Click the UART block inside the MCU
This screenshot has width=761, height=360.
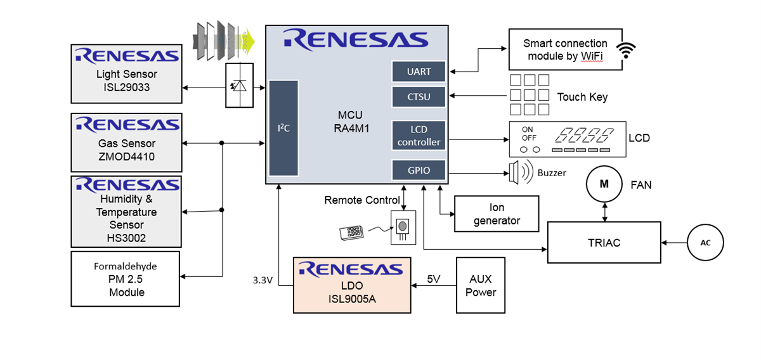pos(419,72)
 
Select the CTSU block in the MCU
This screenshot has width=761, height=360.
pos(419,97)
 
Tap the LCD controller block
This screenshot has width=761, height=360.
pos(419,136)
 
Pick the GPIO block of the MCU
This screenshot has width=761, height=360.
pos(419,170)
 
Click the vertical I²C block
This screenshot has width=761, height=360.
pos(283,128)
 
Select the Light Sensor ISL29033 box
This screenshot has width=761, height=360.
pos(126,74)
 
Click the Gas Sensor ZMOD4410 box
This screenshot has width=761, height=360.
pos(126,143)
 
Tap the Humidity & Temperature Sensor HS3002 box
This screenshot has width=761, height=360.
pos(126,210)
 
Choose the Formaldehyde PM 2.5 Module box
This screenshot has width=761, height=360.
pos(126,278)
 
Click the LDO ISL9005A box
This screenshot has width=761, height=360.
pos(352,285)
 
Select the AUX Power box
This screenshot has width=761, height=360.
pos(481,285)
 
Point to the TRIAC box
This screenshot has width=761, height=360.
pos(604,242)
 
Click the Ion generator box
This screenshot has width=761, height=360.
pos(497,214)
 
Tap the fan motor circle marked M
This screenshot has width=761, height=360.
pos(604,184)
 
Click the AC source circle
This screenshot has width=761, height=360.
pos(705,243)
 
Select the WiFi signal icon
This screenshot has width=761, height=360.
pos(627,50)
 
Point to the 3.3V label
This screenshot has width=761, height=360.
pos(261,280)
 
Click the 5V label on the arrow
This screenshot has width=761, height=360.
pos(434,278)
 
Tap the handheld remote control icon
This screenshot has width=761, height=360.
pos(351,233)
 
